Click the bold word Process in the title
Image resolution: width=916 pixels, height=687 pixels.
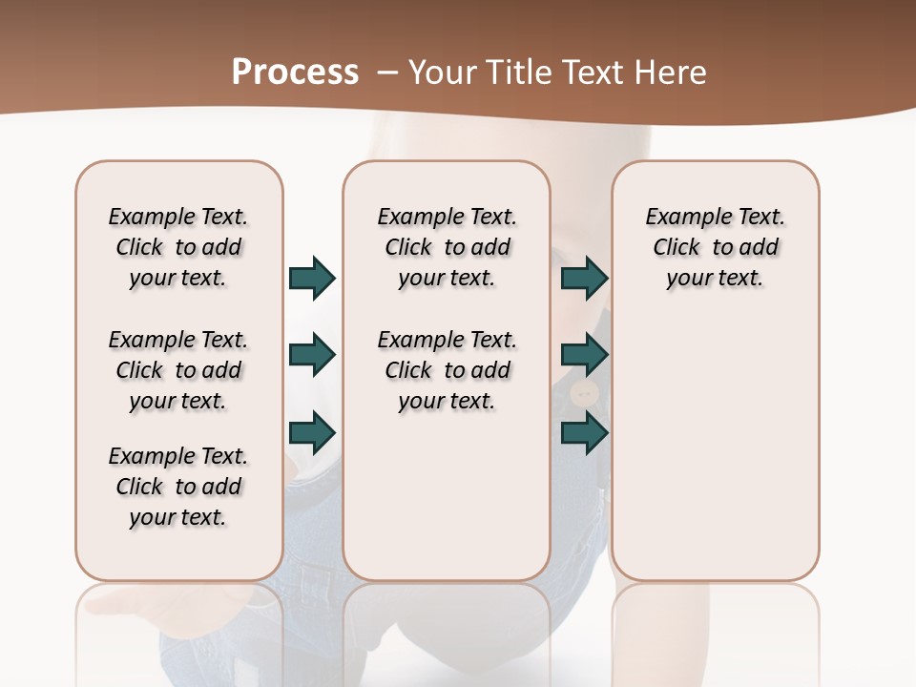tap(295, 73)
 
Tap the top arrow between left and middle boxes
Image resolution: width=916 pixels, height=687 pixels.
tap(312, 278)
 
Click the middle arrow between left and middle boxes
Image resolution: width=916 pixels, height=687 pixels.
tap(312, 355)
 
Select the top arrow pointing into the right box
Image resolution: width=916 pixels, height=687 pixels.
tap(584, 278)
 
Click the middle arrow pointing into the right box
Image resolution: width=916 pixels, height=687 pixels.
tap(584, 355)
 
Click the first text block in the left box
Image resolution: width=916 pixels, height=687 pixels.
tap(178, 247)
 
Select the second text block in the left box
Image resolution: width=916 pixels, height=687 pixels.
tap(178, 370)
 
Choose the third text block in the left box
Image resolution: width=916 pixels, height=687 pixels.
tap(178, 487)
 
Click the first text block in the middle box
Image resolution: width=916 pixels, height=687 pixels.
tap(447, 247)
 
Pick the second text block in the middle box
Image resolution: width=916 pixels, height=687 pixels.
tap(447, 370)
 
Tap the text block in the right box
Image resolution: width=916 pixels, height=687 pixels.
tap(715, 247)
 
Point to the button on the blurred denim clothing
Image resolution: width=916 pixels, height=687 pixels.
tap(584, 392)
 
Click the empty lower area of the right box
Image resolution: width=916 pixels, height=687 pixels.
tap(715, 458)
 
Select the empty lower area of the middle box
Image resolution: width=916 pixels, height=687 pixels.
tap(447, 496)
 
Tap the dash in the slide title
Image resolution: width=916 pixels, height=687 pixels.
tap(387, 73)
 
